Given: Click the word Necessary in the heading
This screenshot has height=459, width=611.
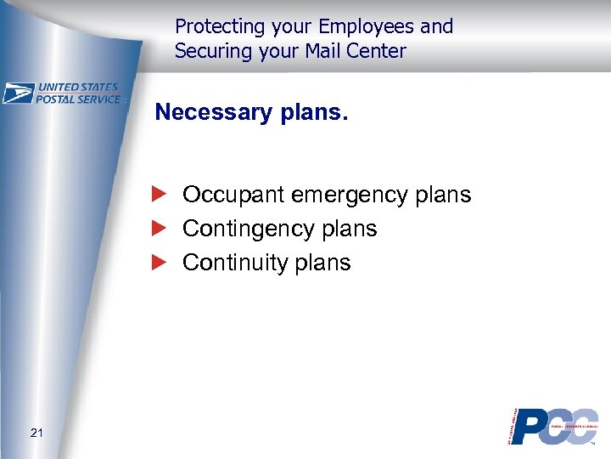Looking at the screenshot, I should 215,112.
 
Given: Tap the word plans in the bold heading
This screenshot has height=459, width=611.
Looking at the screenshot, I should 313,113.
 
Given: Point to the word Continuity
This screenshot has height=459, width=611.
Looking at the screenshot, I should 230,263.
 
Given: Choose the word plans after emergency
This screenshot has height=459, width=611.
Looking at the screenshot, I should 441,195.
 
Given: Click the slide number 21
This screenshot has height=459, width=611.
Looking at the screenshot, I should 36,433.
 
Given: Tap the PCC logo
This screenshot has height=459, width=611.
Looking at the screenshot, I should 552,426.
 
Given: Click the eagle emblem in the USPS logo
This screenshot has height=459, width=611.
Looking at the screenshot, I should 18,93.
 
